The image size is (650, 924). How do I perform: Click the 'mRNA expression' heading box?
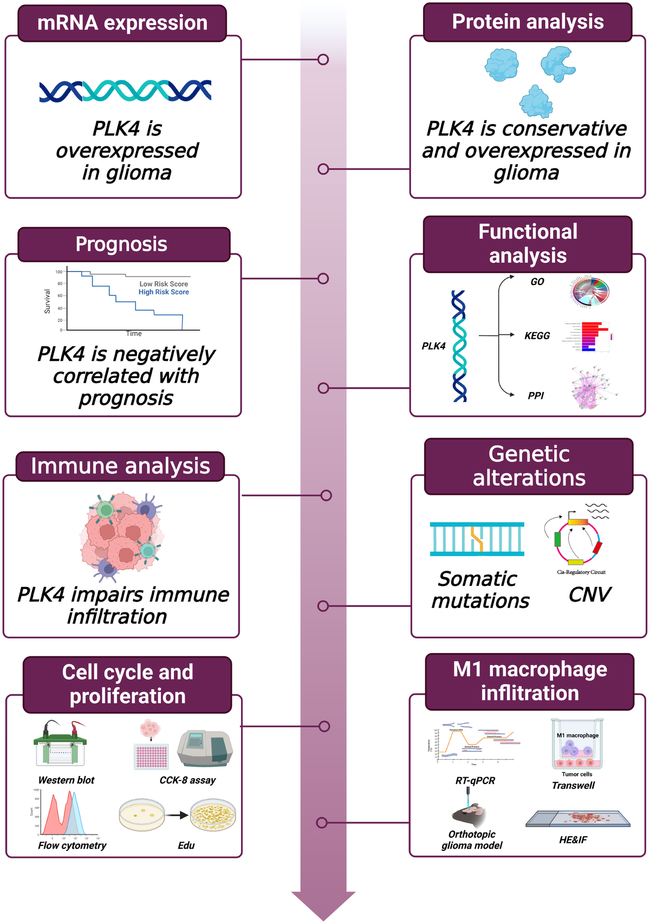pyautogui.click(x=122, y=23)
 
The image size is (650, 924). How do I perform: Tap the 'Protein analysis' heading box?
pyautogui.click(x=528, y=22)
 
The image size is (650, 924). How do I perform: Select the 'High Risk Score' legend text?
pyautogui.click(x=164, y=292)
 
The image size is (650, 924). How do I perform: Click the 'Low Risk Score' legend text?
pyautogui.click(x=164, y=284)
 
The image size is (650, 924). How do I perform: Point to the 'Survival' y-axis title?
pyautogui.click(x=47, y=301)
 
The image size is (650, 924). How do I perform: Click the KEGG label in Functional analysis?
pyautogui.click(x=537, y=336)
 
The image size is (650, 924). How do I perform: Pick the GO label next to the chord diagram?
pyautogui.click(x=537, y=282)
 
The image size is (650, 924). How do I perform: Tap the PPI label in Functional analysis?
pyautogui.click(x=536, y=396)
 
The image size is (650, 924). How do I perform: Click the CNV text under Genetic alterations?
pyautogui.click(x=589, y=595)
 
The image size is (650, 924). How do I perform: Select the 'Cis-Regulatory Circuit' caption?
pyautogui.click(x=581, y=572)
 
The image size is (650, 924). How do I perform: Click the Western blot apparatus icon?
pyautogui.click(x=60, y=744)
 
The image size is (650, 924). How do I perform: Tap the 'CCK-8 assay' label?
pyautogui.click(x=187, y=780)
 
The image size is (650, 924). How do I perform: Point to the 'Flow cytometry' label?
pyautogui.click(x=72, y=845)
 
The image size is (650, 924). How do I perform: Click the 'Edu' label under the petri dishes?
pyautogui.click(x=186, y=845)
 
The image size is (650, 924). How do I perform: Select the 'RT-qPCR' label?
pyautogui.click(x=475, y=781)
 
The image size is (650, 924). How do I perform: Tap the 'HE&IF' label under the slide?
pyautogui.click(x=573, y=840)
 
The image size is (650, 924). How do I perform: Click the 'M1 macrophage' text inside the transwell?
pyautogui.click(x=577, y=735)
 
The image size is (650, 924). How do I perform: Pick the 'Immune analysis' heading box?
pyautogui.click(x=120, y=467)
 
